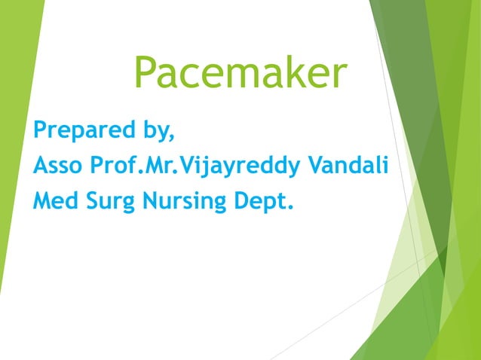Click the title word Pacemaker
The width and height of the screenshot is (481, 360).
point(240,74)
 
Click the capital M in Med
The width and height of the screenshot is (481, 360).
point(41,201)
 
